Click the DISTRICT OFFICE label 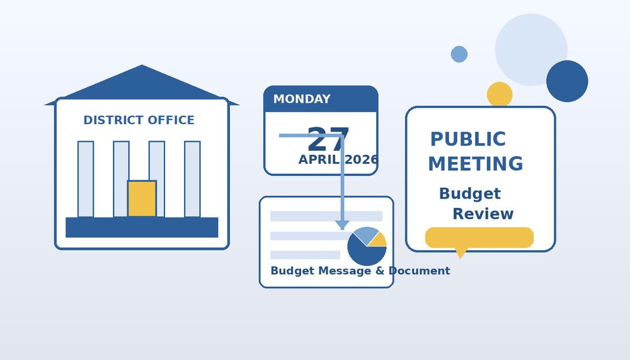pyautogui.click(x=139, y=120)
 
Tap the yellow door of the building pyautogui.click(x=142, y=199)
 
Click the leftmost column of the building pyautogui.click(x=86, y=179)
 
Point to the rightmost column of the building pyautogui.click(x=192, y=179)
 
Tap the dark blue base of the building pyautogui.click(x=142, y=228)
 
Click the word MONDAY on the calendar pyautogui.click(x=302, y=100)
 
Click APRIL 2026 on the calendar pyautogui.click(x=338, y=160)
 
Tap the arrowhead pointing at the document pyautogui.click(x=342, y=225)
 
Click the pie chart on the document pyautogui.click(x=367, y=247)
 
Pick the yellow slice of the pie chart pyautogui.click(x=379, y=240)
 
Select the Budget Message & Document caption pyautogui.click(x=360, y=271)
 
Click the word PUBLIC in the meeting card pyautogui.click(x=468, y=139)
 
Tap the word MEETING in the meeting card pyautogui.click(x=476, y=164)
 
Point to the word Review pyautogui.click(x=483, y=214)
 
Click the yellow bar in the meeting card pyautogui.click(x=479, y=238)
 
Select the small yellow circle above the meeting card pyautogui.click(x=500, y=95)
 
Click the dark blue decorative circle pyautogui.click(x=567, y=81)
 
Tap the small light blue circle pyautogui.click(x=459, y=54)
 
